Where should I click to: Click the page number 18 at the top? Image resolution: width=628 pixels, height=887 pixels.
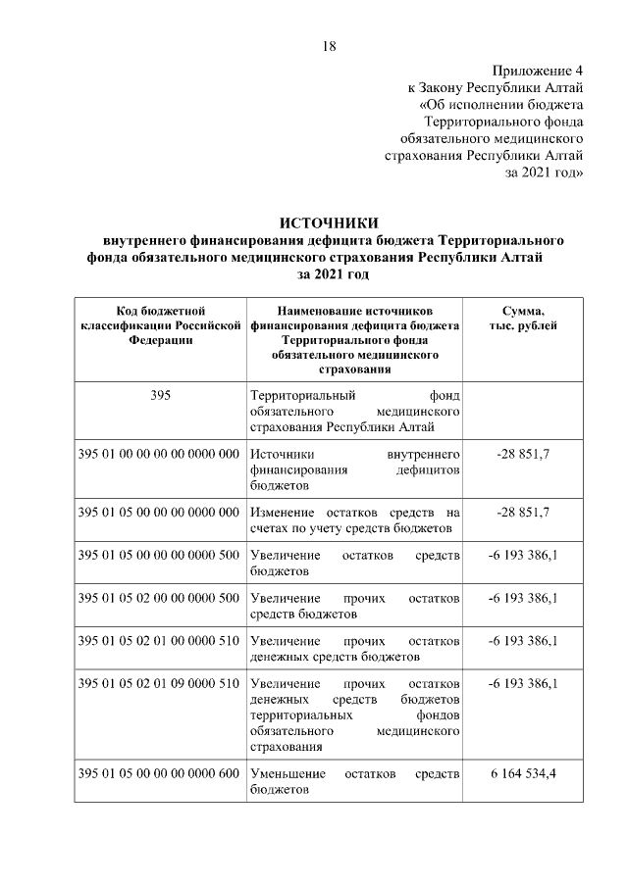(x=330, y=46)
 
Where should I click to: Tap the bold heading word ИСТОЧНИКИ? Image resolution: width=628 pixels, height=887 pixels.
(x=329, y=222)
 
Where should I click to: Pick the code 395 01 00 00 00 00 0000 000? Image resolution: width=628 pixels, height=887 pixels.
(x=159, y=456)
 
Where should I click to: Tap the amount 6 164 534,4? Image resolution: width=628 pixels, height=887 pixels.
(x=524, y=774)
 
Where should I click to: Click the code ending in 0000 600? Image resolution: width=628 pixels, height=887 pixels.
(x=159, y=774)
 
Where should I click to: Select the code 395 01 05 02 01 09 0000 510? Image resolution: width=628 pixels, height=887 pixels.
(x=159, y=683)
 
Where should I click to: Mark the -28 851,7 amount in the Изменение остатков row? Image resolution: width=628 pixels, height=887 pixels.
(x=524, y=513)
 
